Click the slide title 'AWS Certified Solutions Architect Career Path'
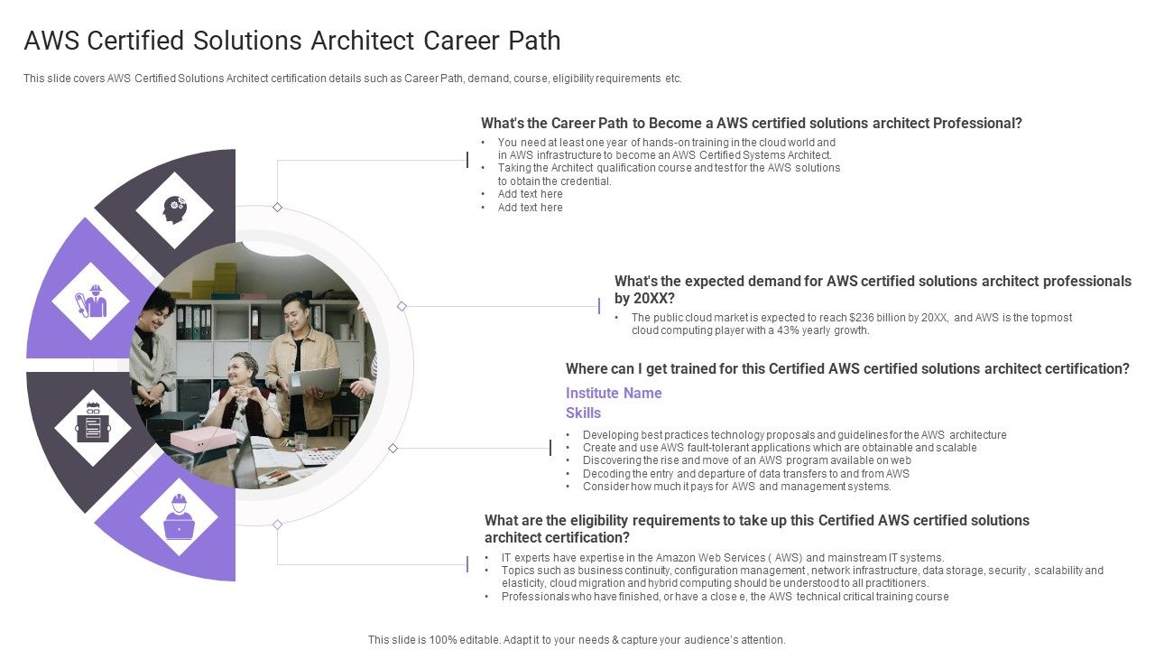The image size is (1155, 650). tap(292, 42)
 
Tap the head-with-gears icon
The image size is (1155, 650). tap(174, 210)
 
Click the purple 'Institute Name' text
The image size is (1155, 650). tap(614, 393)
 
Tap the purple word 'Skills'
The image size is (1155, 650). tap(583, 413)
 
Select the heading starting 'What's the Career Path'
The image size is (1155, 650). tap(751, 124)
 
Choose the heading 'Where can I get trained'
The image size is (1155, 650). tap(846, 369)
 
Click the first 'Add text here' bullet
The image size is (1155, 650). tap(530, 194)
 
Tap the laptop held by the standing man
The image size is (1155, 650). tap(314, 379)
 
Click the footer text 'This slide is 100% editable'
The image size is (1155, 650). tap(577, 639)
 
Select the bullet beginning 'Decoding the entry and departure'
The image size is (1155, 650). tap(745, 473)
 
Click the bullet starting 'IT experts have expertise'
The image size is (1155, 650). tap(722, 558)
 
